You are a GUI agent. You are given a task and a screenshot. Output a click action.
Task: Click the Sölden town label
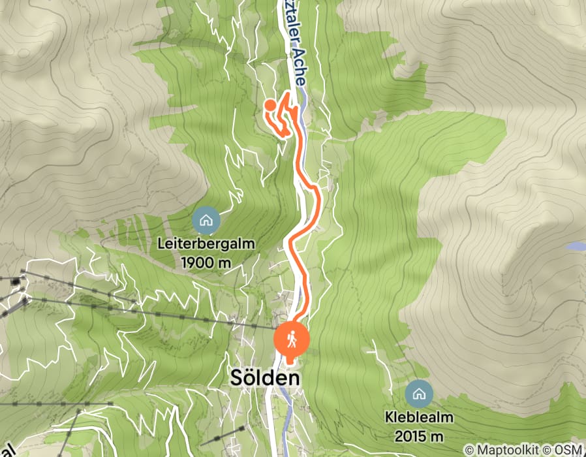click(x=265, y=378)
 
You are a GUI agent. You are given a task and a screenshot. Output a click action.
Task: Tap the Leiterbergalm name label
click(x=206, y=244)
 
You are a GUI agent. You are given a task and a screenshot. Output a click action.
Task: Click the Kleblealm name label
click(x=419, y=418)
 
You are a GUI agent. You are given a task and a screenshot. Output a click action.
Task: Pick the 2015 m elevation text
click(x=419, y=435)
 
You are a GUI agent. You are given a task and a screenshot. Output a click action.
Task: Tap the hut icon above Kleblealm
click(x=419, y=394)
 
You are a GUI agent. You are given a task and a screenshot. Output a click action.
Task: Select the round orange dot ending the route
click(x=270, y=104)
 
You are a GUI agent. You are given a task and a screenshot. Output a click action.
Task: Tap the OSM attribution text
click(x=570, y=450)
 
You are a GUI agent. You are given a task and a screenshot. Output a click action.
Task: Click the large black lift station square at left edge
click(x=16, y=281)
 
